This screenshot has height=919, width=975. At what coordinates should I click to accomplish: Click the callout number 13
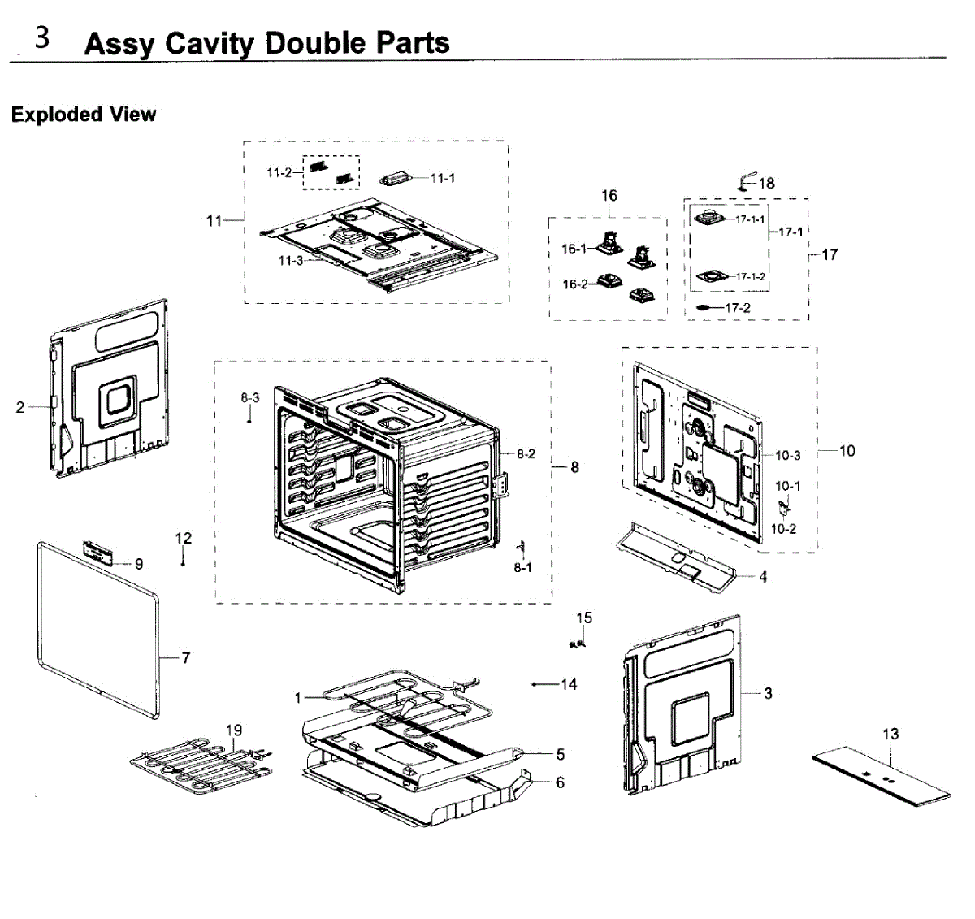890,734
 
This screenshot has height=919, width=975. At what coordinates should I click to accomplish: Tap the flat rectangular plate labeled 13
882,778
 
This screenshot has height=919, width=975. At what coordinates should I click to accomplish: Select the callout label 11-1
443,178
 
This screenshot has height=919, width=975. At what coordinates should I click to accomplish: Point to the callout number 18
767,184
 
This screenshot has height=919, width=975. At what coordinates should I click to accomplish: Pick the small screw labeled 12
184,563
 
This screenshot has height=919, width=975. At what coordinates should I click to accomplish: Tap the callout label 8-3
250,397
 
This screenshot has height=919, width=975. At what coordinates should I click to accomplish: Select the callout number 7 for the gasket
186,657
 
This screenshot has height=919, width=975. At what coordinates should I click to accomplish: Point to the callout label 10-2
783,529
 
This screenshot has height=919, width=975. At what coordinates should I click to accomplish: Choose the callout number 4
763,578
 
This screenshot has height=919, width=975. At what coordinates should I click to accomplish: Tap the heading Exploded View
83,115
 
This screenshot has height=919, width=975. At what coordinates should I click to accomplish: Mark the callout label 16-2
574,284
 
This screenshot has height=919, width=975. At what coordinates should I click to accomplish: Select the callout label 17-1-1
750,219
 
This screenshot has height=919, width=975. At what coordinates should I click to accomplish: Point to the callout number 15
584,618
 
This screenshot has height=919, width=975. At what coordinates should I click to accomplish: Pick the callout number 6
561,782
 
